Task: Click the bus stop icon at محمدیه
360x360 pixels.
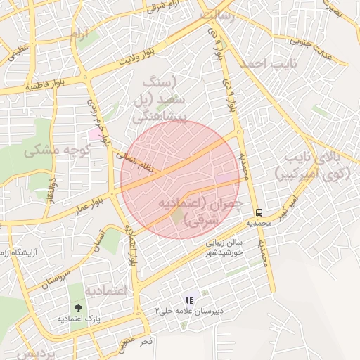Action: coord(259,212)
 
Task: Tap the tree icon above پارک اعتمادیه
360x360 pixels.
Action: coord(77,307)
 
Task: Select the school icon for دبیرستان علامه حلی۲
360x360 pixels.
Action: coord(189,300)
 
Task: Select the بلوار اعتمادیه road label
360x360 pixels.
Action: coord(131,250)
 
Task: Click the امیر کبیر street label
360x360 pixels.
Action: coord(290,204)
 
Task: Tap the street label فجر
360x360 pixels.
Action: coord(146,341)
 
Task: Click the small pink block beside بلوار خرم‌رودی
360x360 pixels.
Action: coord(94,134)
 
